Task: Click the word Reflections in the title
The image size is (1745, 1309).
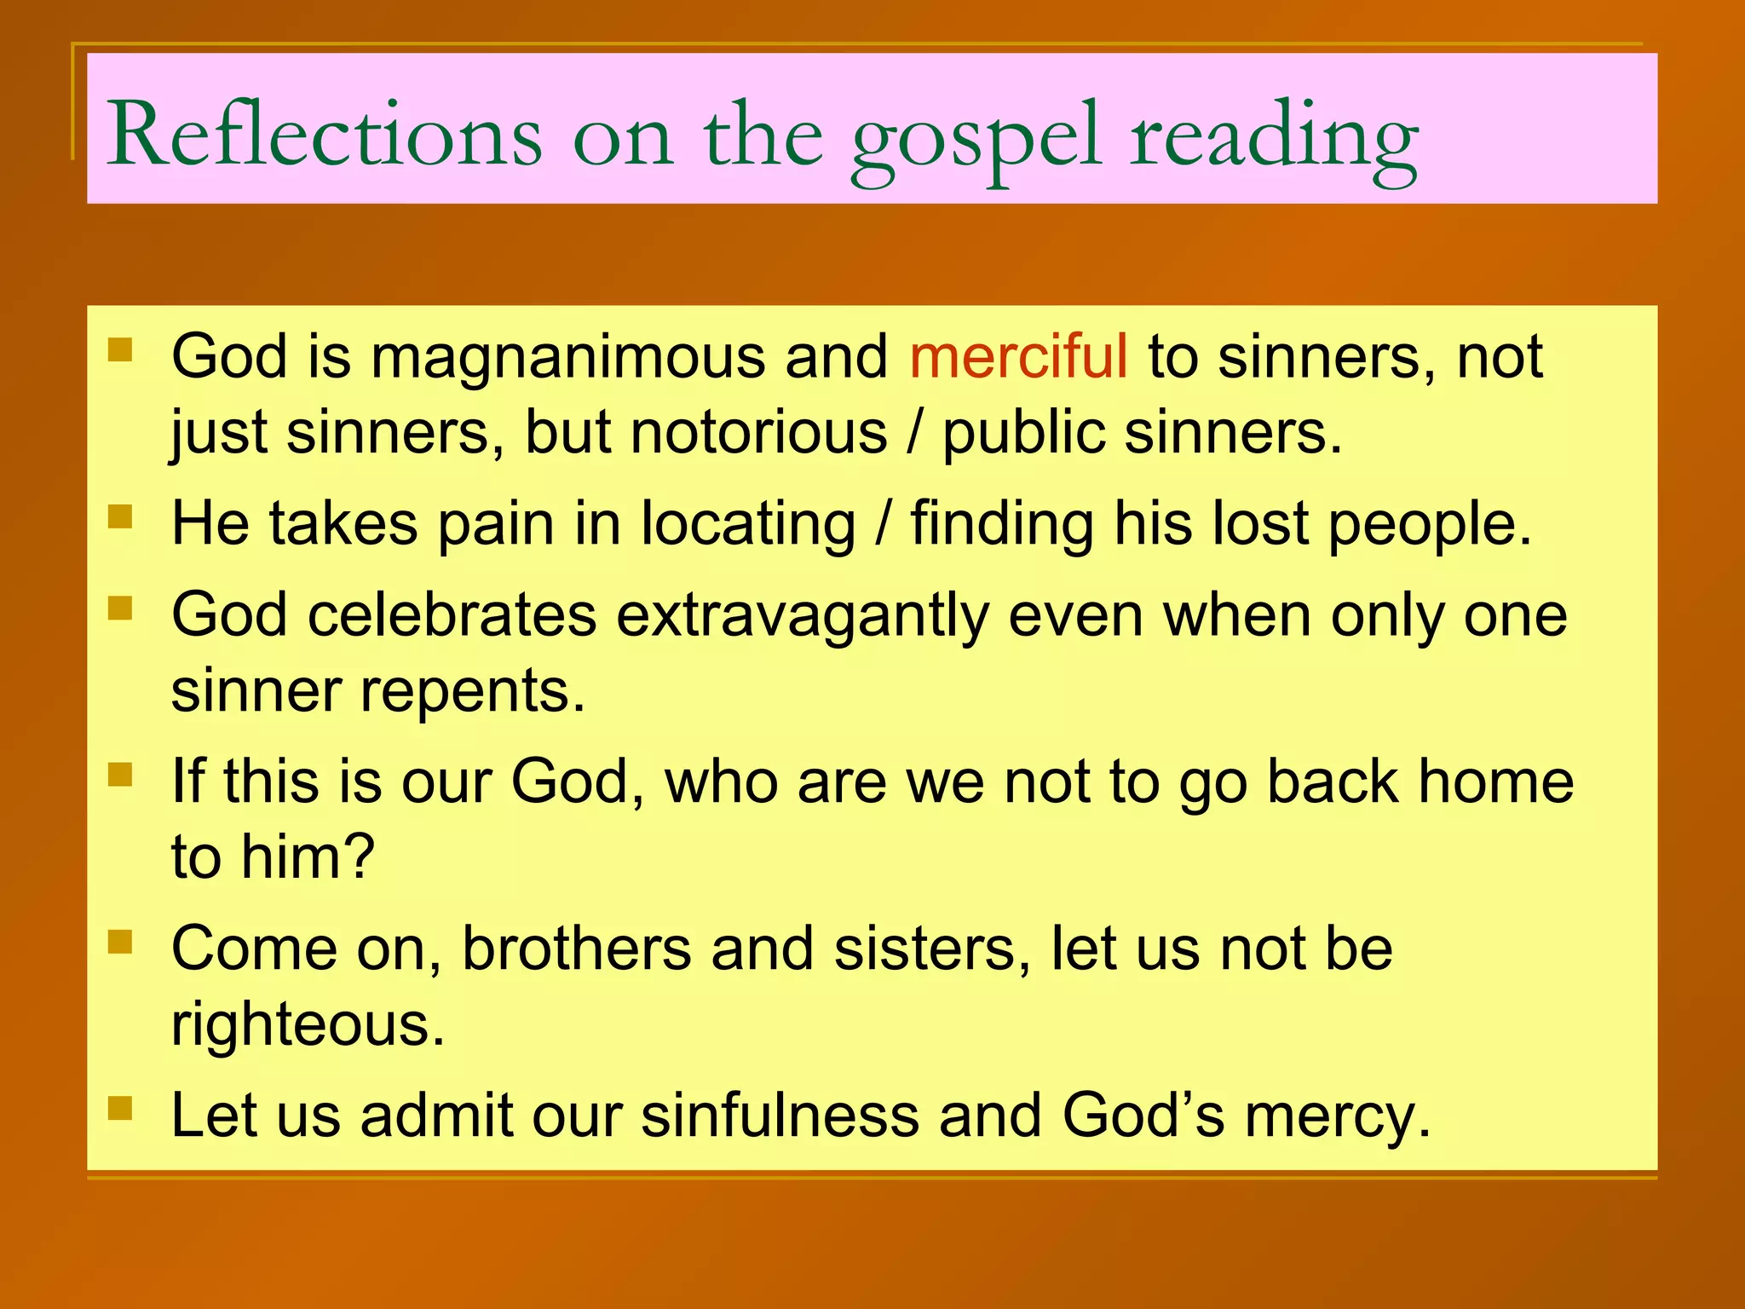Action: click(x=324, y=135)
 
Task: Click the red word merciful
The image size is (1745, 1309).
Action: click(x=1018, y=356)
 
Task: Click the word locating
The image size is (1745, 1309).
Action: click(x=747, y=524)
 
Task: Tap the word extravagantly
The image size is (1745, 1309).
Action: click(x=801, y=616)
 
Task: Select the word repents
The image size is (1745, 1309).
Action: click(x=473, y=692)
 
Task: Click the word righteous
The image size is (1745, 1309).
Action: click(x=308, y=1025)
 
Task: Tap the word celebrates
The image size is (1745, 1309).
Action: click(x=452, y=614)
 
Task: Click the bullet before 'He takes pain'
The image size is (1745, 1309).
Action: click(x=120, y=516)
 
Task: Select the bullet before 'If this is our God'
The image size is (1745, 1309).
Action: click(x=120, y=775)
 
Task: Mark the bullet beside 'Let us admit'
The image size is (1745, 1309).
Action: click(x=120, y=1108)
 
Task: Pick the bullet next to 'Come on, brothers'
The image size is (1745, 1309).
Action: click(x=120, y=942)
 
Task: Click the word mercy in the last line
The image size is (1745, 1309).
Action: click(x=1336, y=1116)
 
